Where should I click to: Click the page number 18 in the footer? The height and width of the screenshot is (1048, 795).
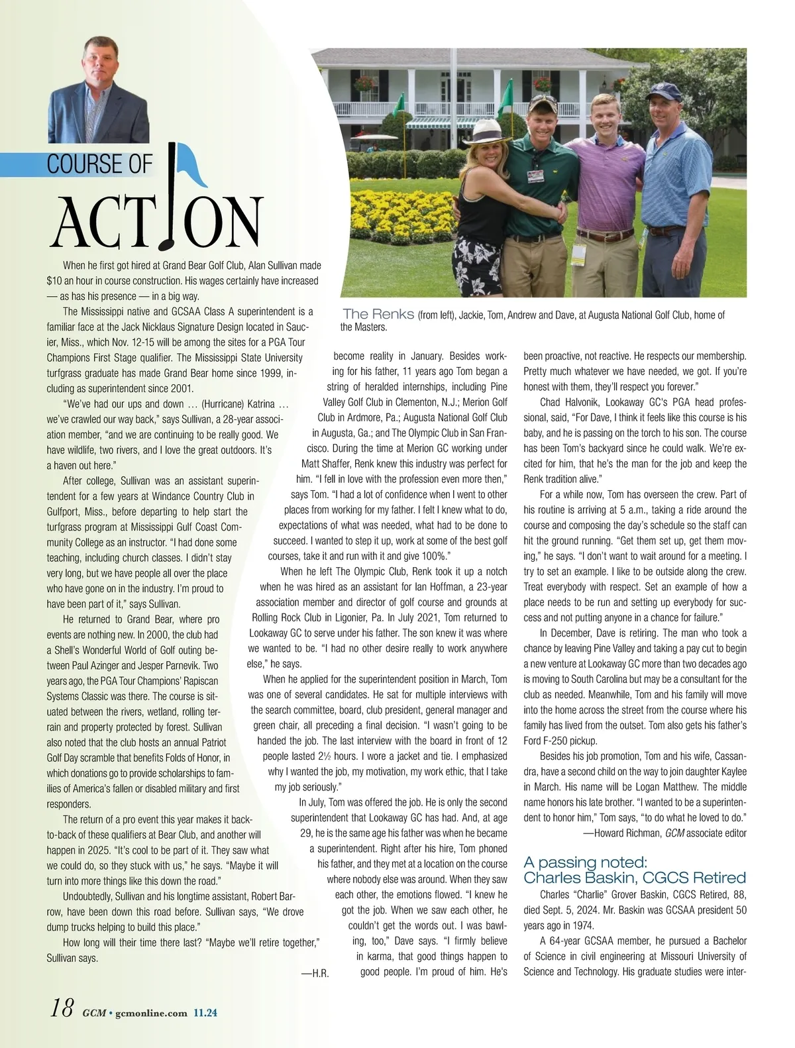[x=62, y=1009]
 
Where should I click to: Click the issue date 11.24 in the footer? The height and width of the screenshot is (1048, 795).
[x=206, y=1012]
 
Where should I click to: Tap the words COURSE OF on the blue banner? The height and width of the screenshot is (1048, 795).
[x=99, y=164]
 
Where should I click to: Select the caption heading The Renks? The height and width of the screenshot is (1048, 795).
[x=378, y=314]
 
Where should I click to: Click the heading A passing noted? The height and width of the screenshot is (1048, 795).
[x=584, y=862]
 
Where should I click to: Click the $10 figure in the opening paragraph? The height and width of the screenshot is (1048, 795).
[x=54, y=280]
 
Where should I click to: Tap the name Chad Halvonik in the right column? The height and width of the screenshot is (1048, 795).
[x=570, y=402]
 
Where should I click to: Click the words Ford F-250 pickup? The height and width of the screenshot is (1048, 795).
[x=560, y=741]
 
